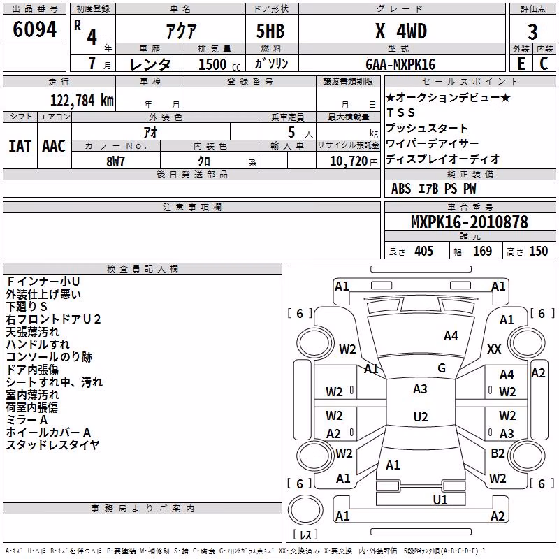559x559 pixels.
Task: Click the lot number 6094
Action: [x=34, y=29]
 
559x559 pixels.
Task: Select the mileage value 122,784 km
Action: [x=82, y=101]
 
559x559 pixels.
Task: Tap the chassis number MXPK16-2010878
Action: [x=470, y=222]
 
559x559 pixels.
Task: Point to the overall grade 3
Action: [x=532, y=32]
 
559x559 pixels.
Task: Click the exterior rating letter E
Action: [x=521, y=64]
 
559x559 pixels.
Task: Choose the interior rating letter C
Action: [x=544, y=64]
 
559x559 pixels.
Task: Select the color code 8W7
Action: [x=115, y=161]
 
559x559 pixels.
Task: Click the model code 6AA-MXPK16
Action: [x=400, y=64]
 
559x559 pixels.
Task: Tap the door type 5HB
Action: [x=270, y=31]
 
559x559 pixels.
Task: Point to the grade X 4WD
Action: [x=401, y=31]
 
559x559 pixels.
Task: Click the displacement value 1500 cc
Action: [x=219, y=64]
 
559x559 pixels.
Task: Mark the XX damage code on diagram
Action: [x=494, y=349]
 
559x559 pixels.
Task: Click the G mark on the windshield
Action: [x=442, y=368]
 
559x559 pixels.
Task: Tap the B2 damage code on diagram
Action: [x=498, y=453]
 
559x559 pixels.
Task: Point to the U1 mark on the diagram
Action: [x=440, y=500]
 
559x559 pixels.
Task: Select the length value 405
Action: [x=423, y=251]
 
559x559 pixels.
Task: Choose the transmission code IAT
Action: [x=20, y=146]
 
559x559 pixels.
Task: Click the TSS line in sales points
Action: [x=400, y=112]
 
